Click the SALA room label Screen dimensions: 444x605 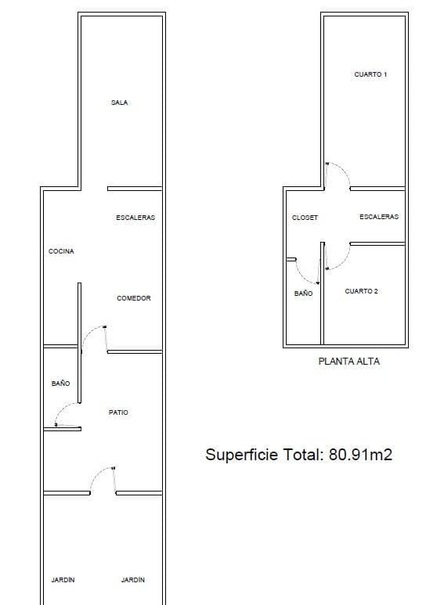(x=119, y=103)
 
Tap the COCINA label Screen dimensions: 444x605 (x=61, y=251)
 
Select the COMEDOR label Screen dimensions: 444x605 (x=134, y=298)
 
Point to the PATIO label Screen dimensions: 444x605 (x=118, y=412)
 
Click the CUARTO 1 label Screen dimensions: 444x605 (x=370, y=74)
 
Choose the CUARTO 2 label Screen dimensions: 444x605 (x=361, y=291)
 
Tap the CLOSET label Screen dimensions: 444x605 (x=305, y=218)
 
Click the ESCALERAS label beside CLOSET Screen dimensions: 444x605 (x=379, y=217)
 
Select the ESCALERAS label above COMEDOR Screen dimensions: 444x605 (x=135, y=218)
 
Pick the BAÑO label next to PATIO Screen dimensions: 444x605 (x=60, y=384)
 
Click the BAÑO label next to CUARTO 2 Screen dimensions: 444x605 (x=304, y=293)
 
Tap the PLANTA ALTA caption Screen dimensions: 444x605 (x=349, y=361)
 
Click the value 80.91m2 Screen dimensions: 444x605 (x=361, y=454)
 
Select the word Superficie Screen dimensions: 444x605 (x=242, y=455)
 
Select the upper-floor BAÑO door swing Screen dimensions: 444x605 (x=302, y=275)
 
